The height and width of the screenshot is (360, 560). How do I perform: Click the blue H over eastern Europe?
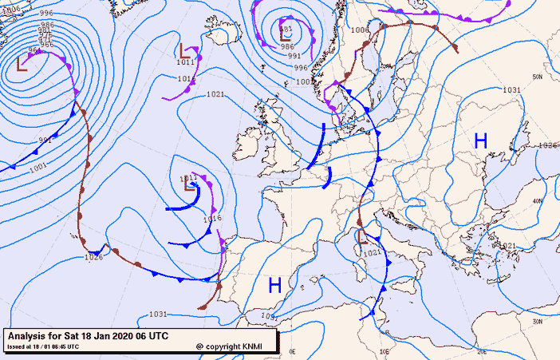click(x=480, y=140)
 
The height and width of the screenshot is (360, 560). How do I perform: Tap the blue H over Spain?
click(x=275, y=284)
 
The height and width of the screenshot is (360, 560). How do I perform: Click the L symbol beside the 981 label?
click(x=286, y=34)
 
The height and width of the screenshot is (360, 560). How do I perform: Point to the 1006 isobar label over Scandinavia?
click(x=360, y=30)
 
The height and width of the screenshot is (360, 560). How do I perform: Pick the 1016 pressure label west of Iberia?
click(x=212, y=218)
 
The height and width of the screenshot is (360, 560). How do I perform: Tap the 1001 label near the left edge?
click(x=37, y=168)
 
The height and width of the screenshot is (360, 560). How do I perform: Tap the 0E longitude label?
click(x=292, y=351)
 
